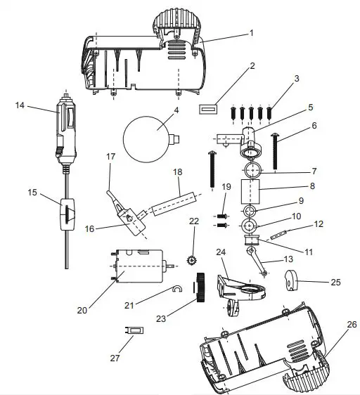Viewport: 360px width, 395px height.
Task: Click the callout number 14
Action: point(20,105)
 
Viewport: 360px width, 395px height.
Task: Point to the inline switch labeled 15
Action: point(66,214)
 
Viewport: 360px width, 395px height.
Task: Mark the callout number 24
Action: point(220,251)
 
